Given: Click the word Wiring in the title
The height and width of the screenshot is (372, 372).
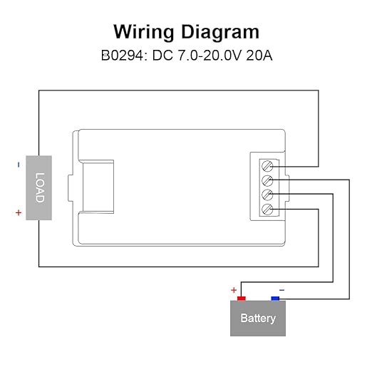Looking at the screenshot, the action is tap(144, 32).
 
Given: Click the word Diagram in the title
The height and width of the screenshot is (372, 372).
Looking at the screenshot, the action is tap(220, 32).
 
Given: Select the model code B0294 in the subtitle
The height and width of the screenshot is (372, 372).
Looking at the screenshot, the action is tap(123, 56).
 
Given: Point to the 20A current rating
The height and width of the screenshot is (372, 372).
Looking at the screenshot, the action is tap(259, 56).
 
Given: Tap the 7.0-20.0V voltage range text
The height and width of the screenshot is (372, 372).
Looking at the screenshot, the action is tap(210, 56).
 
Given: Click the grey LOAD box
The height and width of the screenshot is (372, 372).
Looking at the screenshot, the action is tap(38, 187).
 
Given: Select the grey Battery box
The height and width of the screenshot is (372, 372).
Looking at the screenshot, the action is tap(258, 319).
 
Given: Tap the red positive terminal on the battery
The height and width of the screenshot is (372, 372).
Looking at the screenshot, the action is tap(242, 299).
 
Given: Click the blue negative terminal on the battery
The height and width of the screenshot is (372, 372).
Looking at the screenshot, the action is tap(275, 299).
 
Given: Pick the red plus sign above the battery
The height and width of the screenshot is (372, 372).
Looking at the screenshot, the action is tap(234, 290).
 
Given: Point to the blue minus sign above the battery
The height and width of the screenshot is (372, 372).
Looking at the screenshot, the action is tap(281, 290).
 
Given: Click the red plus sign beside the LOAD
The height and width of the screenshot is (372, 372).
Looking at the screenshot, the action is tap(19, 212).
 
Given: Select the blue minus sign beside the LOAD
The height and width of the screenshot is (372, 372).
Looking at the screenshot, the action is tap(19, 165).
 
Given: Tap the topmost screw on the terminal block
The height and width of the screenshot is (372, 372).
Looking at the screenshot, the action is tap(267, 166).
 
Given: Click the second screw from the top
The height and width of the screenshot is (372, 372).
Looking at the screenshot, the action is tap(267, 180).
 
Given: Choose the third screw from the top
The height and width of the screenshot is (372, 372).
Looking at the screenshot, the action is tap(267, 195).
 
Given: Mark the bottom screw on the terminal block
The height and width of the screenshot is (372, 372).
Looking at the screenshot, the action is tap(267, 210).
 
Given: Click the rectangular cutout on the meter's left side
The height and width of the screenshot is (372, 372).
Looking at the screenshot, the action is tap(98, 187).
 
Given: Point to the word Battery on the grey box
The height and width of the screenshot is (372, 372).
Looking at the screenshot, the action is tap(258, 319).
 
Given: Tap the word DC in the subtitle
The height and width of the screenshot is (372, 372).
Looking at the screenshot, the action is tap(162, 56).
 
